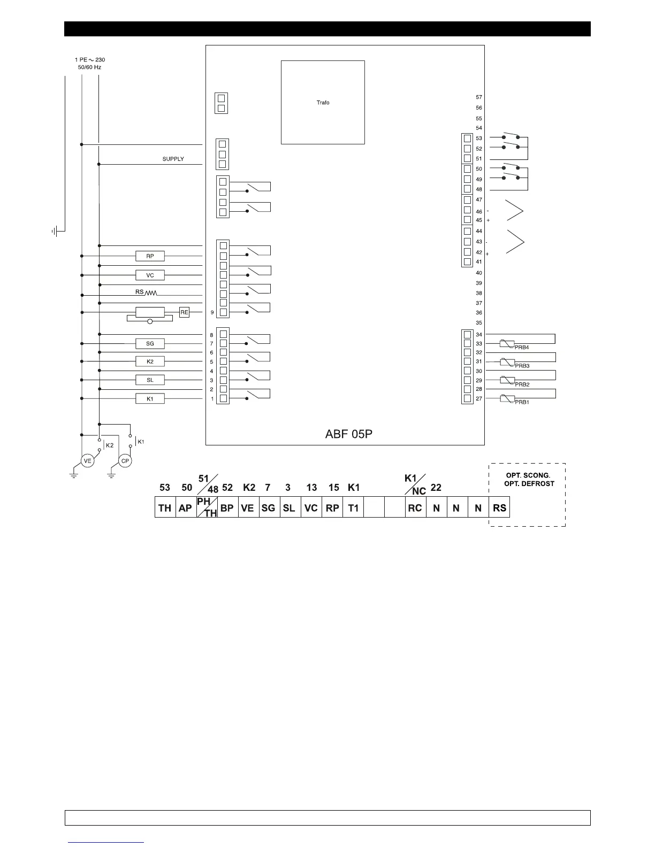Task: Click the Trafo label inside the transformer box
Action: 323,103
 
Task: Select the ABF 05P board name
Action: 348,434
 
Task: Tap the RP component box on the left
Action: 150,256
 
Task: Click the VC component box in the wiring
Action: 150,275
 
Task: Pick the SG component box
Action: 150,343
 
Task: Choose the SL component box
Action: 150,380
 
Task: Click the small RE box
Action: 184,312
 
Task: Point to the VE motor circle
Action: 87,461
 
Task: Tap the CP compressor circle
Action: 125,461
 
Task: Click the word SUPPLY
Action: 173,159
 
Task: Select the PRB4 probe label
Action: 522,348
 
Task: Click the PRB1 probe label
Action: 522,402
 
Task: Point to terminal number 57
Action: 479,97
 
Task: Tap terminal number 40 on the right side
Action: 479,273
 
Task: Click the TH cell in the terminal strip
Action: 165,507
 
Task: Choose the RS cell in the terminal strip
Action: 499,507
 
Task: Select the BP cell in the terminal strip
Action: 227,507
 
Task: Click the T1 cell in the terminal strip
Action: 353,507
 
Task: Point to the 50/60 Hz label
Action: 89,67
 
